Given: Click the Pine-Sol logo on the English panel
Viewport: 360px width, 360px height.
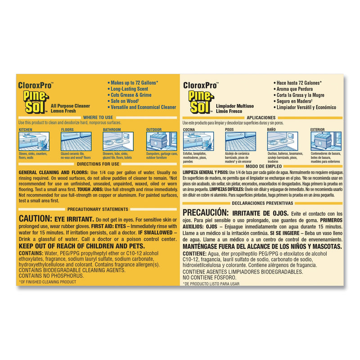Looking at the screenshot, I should (x=33, y=99).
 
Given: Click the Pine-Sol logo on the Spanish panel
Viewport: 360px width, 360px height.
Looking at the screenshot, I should (x=198, y=99).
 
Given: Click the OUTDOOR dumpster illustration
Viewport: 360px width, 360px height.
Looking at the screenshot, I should (x=161, y=141).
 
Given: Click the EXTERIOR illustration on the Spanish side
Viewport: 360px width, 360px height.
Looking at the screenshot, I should (x=325, y=141).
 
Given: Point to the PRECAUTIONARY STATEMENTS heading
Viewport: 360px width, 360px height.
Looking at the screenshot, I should (x=98, y=209).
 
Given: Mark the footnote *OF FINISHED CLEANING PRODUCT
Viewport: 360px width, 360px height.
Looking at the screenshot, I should (x=47, y=282).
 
